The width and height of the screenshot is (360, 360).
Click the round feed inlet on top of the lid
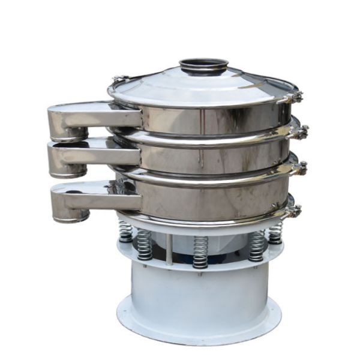[203, 64]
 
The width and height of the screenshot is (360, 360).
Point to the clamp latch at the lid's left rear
[119, 79]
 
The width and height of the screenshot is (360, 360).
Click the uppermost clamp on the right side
[295, 97]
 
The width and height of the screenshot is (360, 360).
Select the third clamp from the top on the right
[299, 169]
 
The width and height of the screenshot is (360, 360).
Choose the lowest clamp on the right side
[294, 210]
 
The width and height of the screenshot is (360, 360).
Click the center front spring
[200, 251]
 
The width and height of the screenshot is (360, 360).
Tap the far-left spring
[125, 230]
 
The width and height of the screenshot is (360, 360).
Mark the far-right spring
[276, 231]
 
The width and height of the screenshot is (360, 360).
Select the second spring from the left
[145, 244]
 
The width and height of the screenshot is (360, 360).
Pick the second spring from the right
[257, 245]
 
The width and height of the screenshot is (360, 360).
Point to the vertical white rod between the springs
[170, 249]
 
